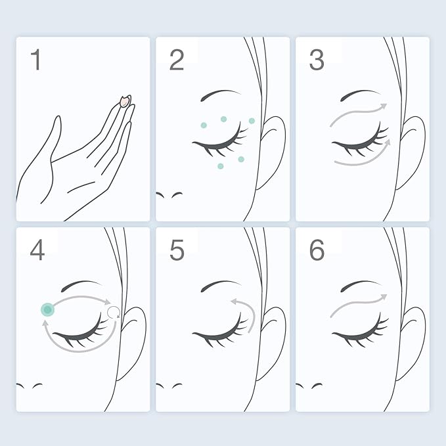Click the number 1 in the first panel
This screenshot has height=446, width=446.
click(x=36, y=60)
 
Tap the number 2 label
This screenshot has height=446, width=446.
click(x=177, y=60)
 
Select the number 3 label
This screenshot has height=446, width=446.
click(x=317, y=60)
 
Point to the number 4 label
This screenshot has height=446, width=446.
click(x=37, y=250)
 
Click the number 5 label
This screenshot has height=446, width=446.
click(x=177, y=250)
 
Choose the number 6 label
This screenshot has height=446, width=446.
click(x=317, y=250)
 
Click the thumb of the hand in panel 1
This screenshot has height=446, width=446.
click(x=56, y=137)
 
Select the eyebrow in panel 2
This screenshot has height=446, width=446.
click(x=221, y=95)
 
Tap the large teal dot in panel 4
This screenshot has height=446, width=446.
click(x=47, y=309)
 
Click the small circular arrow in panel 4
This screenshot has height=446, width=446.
click(x=114, y=312)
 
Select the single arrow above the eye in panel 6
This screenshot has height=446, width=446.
click(x=357, y=303)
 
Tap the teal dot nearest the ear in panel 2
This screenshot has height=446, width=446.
click(x=252, y=121)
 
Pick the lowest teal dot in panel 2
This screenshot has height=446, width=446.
click(x=221, y=166)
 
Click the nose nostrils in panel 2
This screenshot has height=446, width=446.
click(x=169, y=195)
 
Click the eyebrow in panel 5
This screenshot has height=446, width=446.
click(x=221, y=286)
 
